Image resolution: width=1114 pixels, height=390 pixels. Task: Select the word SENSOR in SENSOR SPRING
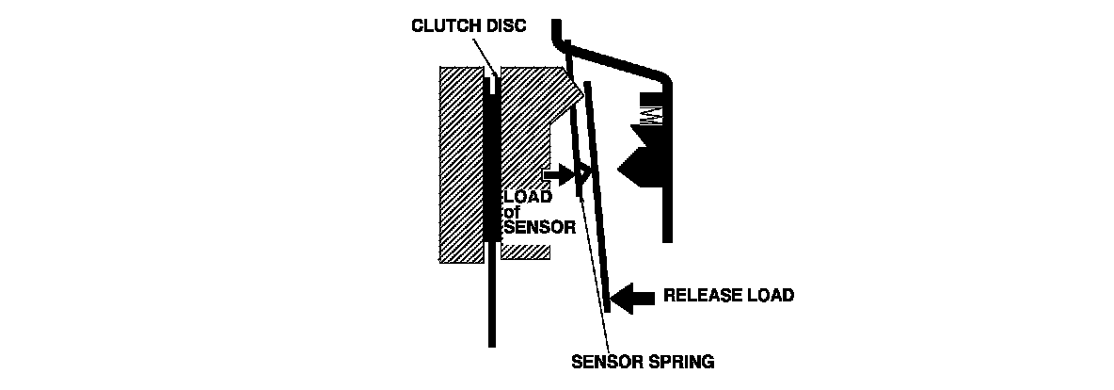point(605,360)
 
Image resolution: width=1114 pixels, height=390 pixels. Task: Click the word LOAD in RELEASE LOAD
point(772,295)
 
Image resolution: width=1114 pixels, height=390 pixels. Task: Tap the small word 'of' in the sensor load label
point(513,212)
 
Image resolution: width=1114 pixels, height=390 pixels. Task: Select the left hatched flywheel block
point(460,165)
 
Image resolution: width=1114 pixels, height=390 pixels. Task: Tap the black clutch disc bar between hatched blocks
point(490,170)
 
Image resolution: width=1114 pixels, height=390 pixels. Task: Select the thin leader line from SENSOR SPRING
point(595,273)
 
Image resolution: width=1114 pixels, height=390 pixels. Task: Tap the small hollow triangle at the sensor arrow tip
point(582,173)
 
